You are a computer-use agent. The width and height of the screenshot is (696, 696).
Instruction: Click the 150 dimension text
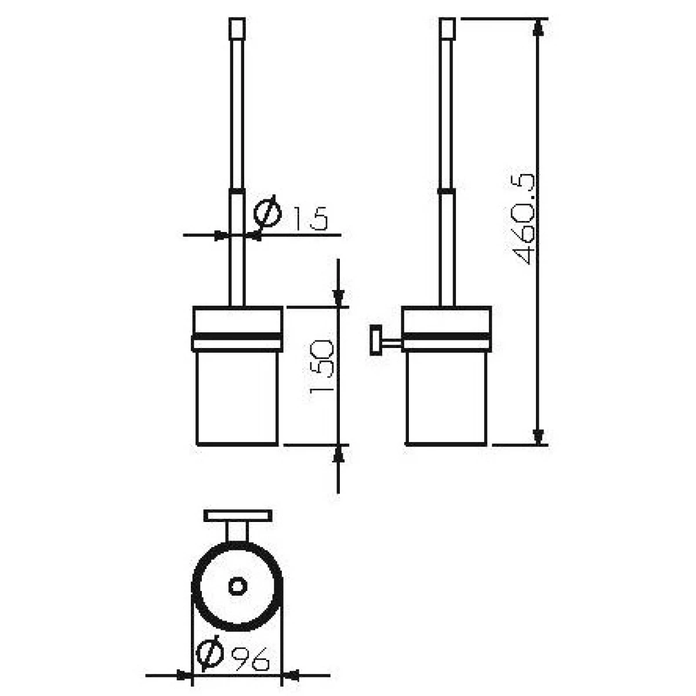click(322, 367)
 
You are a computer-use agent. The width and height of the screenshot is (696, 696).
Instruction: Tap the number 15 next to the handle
click(310, 219)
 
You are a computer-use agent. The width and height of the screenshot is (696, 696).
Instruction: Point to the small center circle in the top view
click(237, 586)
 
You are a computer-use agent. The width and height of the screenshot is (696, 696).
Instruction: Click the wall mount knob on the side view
click(376, 340)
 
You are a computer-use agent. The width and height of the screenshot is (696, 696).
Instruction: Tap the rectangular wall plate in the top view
click(238, 516)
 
